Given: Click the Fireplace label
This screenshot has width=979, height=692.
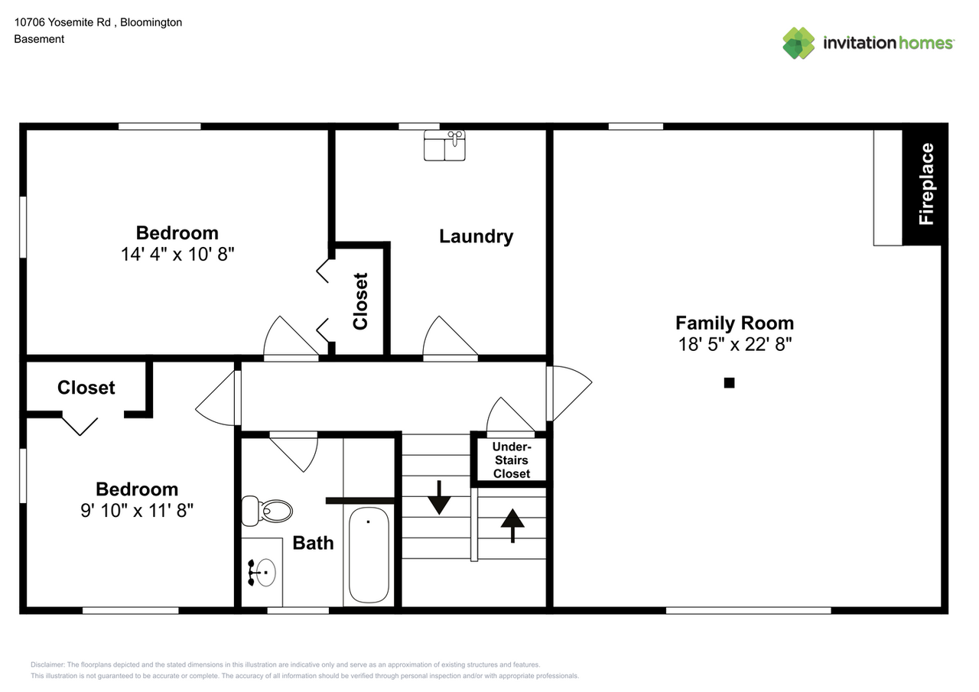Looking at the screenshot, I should point(926,184).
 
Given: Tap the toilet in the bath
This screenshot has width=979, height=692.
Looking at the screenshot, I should point(267,510).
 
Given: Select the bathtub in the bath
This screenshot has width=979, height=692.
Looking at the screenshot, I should point(369,554).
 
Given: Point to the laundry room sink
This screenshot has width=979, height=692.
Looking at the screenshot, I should point(444,145).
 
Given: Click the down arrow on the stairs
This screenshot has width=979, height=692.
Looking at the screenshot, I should point(439,498).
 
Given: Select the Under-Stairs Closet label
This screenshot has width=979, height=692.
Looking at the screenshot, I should point(511,460).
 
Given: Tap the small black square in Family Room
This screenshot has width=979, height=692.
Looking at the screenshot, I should point(729,383).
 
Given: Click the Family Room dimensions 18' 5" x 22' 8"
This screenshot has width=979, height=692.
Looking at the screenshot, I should point(734,345).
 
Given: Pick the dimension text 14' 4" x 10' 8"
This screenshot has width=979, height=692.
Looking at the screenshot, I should point(177,255).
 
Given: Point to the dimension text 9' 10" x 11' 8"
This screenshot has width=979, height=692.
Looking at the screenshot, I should point(137,511).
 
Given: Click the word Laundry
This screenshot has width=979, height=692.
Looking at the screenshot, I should point(476,236).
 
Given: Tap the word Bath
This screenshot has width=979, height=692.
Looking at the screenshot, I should point(313,543).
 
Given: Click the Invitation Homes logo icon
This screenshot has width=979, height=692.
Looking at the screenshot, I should point(798,43).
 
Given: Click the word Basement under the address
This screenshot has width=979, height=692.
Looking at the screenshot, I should point(39,39).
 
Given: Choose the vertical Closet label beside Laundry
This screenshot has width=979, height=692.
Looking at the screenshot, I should point(360,301).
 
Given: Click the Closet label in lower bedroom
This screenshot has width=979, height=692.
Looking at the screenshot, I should point(86,388).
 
